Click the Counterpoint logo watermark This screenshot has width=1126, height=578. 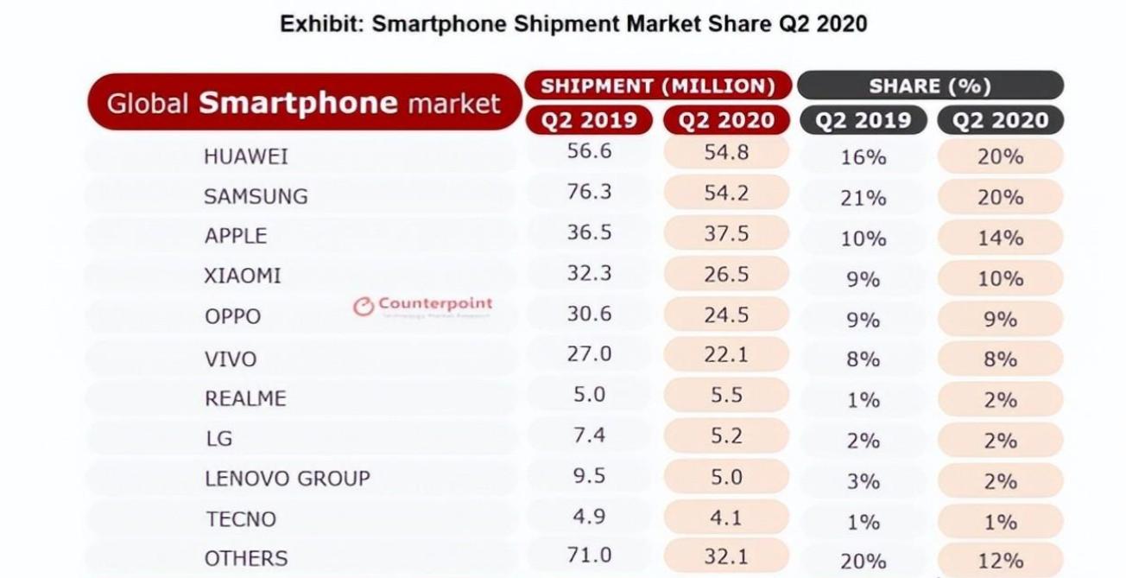click(x=423, y=305)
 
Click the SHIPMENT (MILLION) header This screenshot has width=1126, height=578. click(x=657, y=86)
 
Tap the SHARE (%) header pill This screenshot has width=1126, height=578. click(x=930, y=86)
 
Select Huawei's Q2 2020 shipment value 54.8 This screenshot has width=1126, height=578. click(x=725, y=153)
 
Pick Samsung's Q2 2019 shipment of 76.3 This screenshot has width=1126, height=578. click(x=589, y=192)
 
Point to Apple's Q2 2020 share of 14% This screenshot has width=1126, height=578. click(x=1000, y=238)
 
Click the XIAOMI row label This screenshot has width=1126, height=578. click(x=243, y=276)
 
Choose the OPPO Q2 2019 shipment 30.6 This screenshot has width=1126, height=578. click(x=589, y=314)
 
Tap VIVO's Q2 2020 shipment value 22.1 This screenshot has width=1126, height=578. click(x=725, y=354)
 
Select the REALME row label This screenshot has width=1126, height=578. click(x=245, y=398)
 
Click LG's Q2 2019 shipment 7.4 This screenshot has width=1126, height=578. click(x=589, y=435)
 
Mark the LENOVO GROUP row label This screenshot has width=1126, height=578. click(x=287, y=478)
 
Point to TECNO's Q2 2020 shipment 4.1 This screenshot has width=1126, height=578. click(x=725, y=518)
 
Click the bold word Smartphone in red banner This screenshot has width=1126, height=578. click(x=298, y=103)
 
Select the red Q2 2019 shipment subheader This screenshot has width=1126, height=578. click(x=589, y=120)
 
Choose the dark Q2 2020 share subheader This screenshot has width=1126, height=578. click(x=1000, y=120)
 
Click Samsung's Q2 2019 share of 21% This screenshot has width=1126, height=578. click(x=863, y=198)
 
